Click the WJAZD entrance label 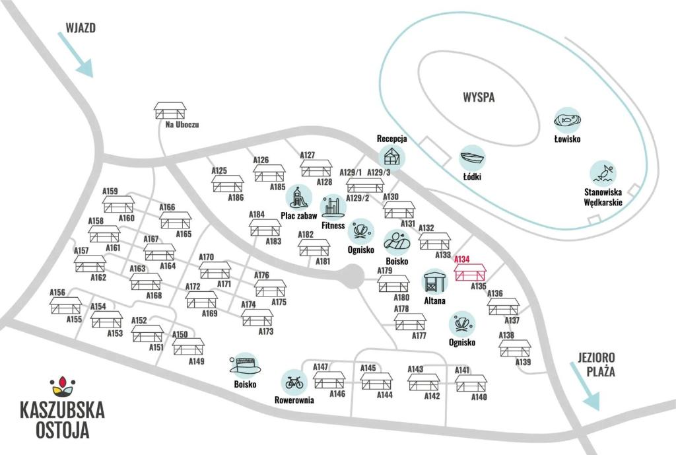point(81,28)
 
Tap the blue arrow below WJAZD point(75,55)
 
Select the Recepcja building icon point(392,157)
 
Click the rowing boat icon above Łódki point(472,158)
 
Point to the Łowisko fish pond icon point(567,120)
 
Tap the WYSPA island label point(479,97)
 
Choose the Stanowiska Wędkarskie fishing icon point(603,174)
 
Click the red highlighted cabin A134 point(470,273)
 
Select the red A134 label point(461,260)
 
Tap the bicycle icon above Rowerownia point(294,382)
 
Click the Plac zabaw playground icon point(299,197)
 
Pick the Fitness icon point(333,207)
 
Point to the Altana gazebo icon point(434,282)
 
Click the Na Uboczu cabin point(170,111)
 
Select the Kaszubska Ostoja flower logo point(63,386)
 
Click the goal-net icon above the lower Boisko point(245,365)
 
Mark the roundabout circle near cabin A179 point(353,276)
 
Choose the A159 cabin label point(110,191)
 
